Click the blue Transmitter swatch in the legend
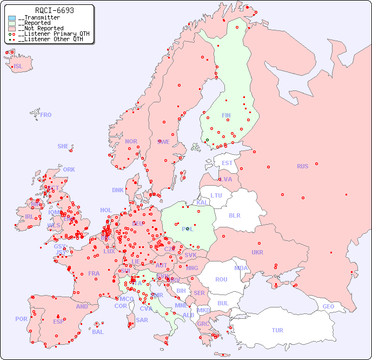[x=12, y=18]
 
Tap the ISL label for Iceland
[x=18, y=67]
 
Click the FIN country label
[x=226, y=115]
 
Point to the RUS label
[x=302, y=166]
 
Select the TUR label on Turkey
[x=277, y=330]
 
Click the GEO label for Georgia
[x=328, y=306]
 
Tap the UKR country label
[x=257, y=252]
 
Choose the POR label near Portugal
[x=21, y=319]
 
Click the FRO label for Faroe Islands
[x=46, y=115]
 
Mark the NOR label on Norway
[x=131, y=141]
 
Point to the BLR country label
[x=235, y=215]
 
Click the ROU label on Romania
[x=221, y=279]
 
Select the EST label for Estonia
[x=227, y=163]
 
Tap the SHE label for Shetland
[x=63, y=146]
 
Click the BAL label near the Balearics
[x=98, y=332]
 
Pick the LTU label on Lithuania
[x=216, y=195]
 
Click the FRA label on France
[x=94, y=273]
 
